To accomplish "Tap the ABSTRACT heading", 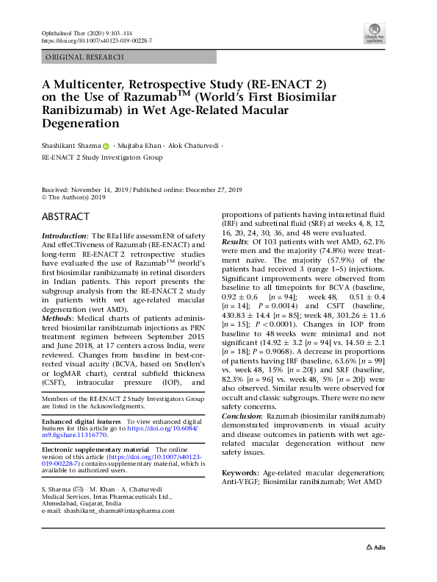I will [66, 217].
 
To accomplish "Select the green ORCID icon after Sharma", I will [107, 146].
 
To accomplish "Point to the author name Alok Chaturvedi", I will [193, 146].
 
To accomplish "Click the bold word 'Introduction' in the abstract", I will [63, 235].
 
